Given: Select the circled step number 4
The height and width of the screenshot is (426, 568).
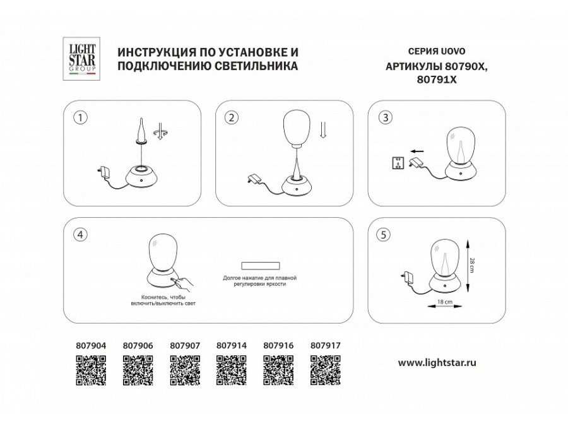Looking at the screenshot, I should (80, 234).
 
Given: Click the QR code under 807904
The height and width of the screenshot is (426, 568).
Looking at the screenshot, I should (91, 370).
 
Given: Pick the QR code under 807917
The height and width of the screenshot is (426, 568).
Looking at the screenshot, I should (326, 370).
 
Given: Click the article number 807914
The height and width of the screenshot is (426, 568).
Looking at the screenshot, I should (231, 346).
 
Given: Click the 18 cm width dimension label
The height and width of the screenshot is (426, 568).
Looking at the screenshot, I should (444, 303).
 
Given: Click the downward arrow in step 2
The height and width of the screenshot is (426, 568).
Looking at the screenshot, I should (323, 130).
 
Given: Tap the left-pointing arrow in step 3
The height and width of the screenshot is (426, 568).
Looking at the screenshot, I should (415, 151).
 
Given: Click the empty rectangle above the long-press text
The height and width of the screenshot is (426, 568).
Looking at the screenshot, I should (259, 266).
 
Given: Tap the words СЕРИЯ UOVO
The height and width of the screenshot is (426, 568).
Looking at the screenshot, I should (427, 50).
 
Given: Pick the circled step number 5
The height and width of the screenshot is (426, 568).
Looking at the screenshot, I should (382, 234).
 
